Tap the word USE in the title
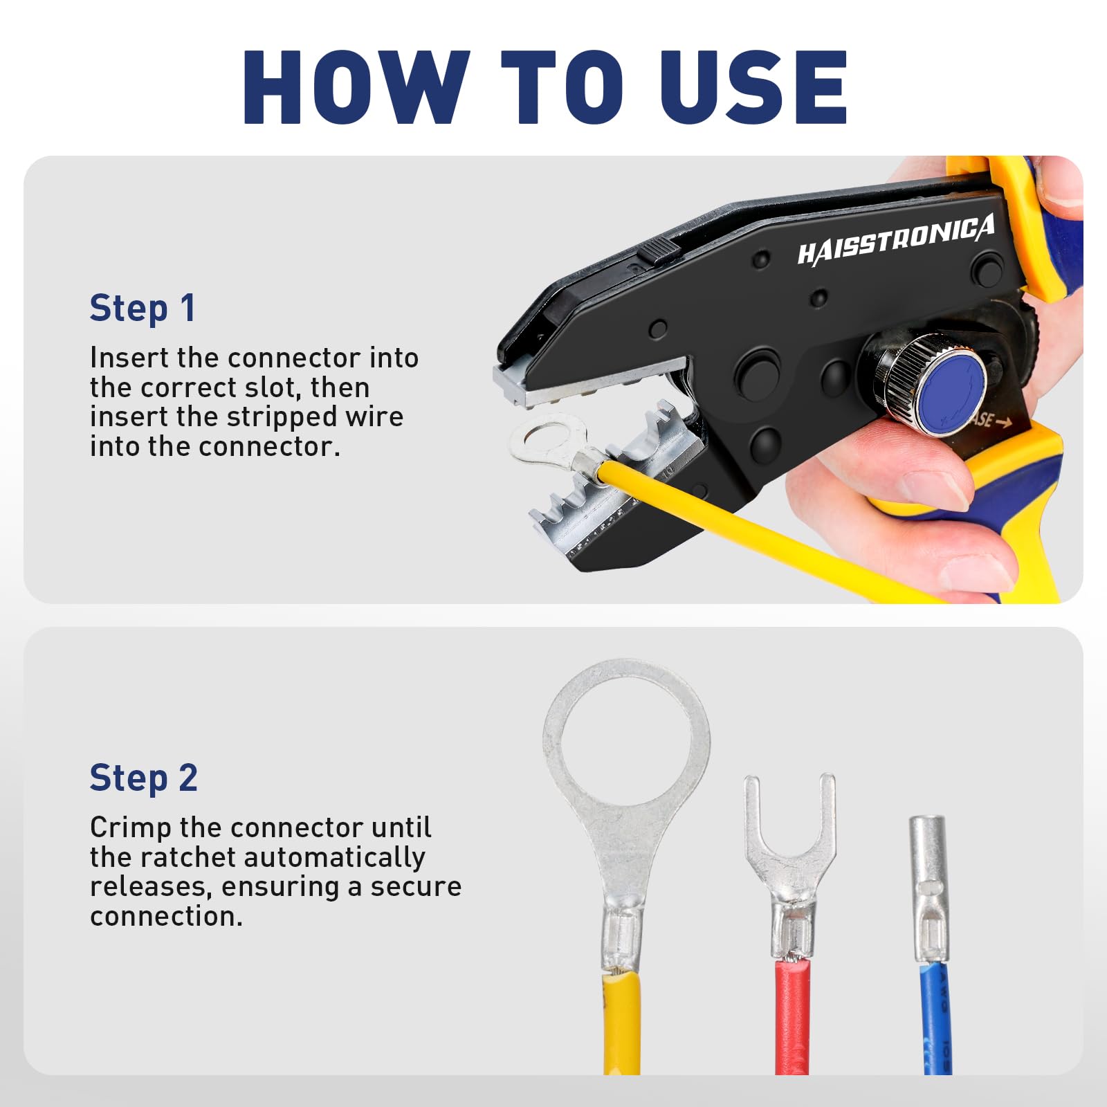tap(753, 87)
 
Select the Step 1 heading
tap(143, 309)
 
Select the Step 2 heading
tap(144, 778)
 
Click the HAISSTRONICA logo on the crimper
tap(896, 239)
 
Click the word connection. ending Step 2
tap(167, 917)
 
